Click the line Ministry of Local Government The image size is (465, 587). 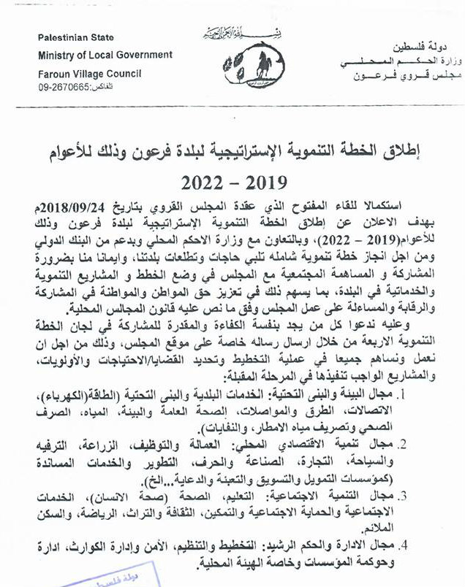[x=106, y=55]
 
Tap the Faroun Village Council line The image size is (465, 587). [x=90, y=74]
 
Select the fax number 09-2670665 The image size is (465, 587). [x=65, y=87]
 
